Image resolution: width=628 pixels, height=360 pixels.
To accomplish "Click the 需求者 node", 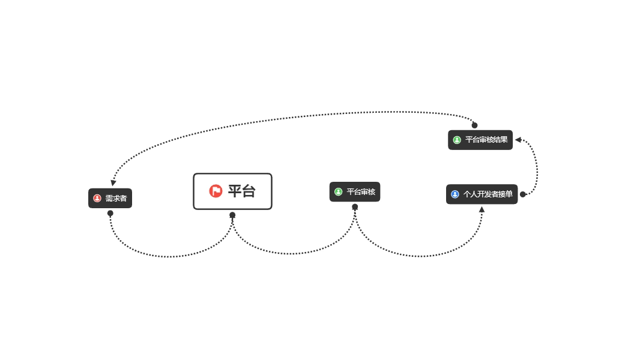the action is (x=110, y=198).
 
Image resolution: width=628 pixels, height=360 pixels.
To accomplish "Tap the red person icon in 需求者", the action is (x=97, y=198).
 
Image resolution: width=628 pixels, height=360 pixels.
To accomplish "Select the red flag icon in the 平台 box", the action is (x=216, y=191).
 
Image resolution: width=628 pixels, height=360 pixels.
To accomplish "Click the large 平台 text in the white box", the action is (x=241, y=191).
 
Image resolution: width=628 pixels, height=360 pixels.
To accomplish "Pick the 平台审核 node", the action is (x=355, y=192).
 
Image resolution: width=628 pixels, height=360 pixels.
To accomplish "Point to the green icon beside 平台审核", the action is (x=339, y=192).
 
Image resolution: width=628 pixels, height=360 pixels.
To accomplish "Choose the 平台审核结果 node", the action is (x=480, y=140).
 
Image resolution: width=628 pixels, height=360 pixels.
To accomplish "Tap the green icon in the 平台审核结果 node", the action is (x=457, y=140).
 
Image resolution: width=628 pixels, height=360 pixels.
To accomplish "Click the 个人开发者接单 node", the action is (x=482, y=194).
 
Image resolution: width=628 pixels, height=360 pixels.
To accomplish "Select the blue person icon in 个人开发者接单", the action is (x=455, y=194).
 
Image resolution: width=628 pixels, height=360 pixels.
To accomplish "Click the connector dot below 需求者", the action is (x=110, y=214).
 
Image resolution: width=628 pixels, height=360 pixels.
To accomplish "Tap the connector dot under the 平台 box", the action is (x=232, y=215).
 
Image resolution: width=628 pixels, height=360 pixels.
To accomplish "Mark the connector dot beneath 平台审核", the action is (x=355, y=207).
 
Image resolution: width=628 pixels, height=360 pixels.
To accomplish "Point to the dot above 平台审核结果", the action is (x=475, y=125).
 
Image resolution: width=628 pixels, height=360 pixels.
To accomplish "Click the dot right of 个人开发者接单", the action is (x=523, y=194).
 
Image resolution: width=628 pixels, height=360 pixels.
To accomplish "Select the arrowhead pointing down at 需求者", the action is (x=113, y=183).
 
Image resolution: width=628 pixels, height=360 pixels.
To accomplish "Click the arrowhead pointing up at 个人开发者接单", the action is (x=482, y=209).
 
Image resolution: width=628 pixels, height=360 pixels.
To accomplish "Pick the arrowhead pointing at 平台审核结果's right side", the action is (x=518, y=140).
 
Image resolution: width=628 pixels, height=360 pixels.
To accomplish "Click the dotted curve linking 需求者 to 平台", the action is (x=171, y=257).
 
